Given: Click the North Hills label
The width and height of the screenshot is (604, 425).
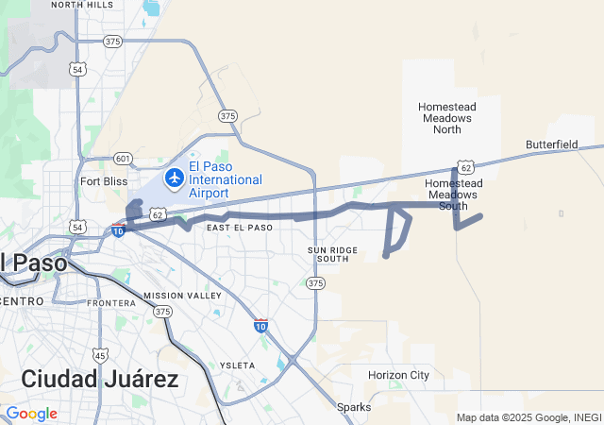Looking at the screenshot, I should coord(82,5).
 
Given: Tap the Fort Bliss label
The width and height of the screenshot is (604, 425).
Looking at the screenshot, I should coord(103,181).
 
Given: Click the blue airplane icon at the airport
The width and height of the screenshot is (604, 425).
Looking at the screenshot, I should coord(174,178).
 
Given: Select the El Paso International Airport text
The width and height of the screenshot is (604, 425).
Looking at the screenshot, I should coord(225,179).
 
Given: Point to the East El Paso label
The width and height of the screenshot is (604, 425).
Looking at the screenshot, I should coord(240,228).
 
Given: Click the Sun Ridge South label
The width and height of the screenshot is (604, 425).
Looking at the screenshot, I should coord(333,253).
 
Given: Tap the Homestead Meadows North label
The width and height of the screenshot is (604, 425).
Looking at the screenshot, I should coord(446,118).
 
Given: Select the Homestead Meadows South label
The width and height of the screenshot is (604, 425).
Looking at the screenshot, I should coord(453,194).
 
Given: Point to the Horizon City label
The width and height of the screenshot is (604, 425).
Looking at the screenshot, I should coord(398,375).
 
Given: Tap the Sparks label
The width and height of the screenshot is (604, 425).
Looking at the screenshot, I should coord(354,407).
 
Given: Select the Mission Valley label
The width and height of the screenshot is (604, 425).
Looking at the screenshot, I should coord(183,296).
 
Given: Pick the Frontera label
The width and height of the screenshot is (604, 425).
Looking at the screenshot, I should coord(111,303).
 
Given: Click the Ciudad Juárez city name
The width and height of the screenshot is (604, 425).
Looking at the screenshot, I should coord(99,380).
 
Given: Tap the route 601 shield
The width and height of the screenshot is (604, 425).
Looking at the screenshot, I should coord(122,158).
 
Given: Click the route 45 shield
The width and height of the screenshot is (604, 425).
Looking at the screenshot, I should coord(100,355).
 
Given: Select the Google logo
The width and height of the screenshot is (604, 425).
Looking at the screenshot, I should coord(31,414).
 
